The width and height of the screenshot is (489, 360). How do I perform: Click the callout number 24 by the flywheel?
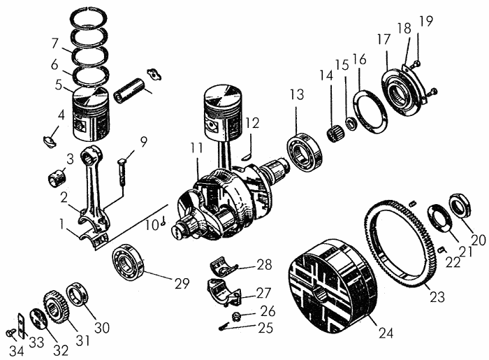(x=386, y=333)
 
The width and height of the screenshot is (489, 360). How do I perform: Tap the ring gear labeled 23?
(x=371, y=237)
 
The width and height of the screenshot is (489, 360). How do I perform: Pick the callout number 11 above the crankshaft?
(x=197, y=147)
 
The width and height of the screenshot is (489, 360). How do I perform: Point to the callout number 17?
(x=384, y=39)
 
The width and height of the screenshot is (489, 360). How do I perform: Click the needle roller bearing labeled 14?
(x=335, y=133)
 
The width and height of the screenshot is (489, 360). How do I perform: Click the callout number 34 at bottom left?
(x=16, y=351)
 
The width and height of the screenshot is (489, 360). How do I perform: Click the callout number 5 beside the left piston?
(x=59, y=85)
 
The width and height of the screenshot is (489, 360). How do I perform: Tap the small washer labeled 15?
(x=351, y=123)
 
